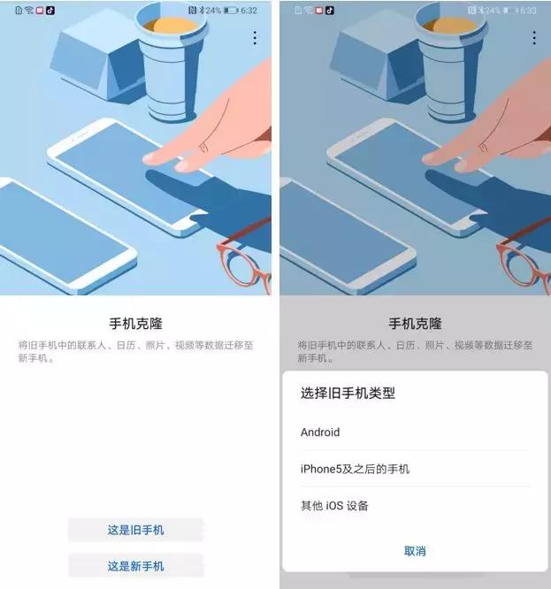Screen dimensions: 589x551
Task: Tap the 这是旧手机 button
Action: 135,530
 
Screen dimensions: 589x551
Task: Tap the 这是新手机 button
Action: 135,566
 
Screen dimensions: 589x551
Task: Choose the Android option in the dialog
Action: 320,432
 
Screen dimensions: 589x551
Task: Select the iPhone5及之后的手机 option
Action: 355,469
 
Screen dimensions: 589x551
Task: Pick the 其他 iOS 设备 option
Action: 334,506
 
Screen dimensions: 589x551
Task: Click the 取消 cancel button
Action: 415,551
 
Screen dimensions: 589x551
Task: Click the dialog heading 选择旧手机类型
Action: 348,394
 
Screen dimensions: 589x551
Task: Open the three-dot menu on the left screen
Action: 255,38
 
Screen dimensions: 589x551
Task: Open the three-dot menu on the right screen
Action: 534,38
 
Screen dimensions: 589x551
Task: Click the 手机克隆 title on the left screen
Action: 134,324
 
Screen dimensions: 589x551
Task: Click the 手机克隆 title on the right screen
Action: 415,324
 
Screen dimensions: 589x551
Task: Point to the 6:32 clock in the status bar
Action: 249,11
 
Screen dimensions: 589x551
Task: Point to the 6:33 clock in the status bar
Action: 529,11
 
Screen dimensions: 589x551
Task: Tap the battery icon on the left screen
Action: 231,11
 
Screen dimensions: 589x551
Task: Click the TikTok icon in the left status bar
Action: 50,11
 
